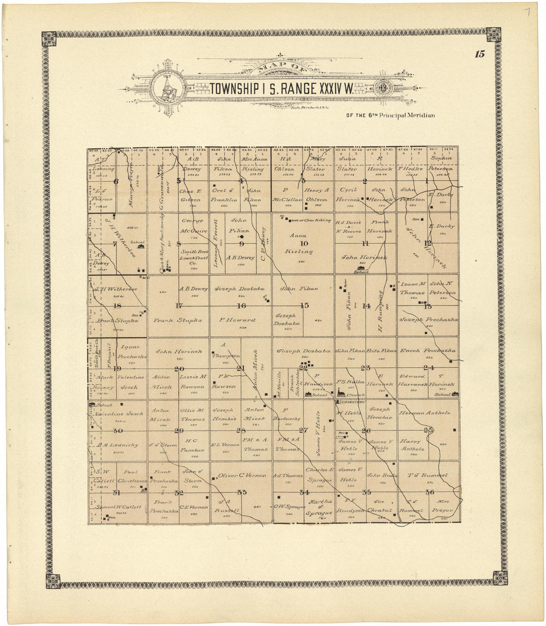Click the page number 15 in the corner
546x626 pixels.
[479, 55]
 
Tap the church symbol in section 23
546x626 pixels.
[340, 393]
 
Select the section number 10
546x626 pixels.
[304, 243]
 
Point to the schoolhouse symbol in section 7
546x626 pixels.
[141, 246]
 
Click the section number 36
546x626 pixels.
[429, 492]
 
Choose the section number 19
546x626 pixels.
[117, 368]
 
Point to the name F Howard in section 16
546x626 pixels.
[237, 321]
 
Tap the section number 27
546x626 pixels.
[303, 430]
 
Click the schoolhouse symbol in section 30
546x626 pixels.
[92, 405]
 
